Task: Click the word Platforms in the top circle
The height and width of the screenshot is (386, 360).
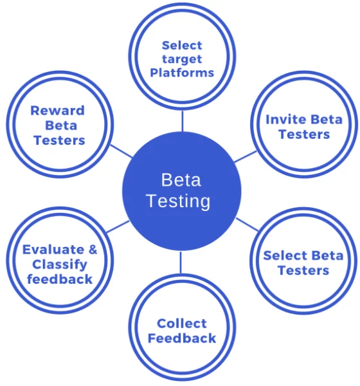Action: pos(182,73)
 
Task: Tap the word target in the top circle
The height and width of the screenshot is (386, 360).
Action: pos(182,60)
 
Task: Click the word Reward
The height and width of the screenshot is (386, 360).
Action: pos(57,110)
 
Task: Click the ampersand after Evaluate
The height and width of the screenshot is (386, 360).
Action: pos(93,250)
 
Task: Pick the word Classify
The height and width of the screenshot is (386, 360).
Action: pos(60,265)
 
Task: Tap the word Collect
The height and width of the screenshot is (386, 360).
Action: pos(181,324)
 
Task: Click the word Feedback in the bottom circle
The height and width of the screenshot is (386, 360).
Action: pos(182,338)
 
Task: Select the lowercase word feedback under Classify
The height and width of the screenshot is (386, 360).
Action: pos(60,279)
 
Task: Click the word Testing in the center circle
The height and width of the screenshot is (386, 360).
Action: pos(179,201)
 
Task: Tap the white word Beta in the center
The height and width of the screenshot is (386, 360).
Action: pos(181,179)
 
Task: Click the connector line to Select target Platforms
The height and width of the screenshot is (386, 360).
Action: pos(183,121)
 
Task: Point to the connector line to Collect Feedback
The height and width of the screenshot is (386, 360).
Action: pos(181,262)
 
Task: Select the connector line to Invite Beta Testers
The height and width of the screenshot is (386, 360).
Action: pos(246,157)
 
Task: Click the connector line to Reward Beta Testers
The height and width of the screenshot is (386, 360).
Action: pos(122,151)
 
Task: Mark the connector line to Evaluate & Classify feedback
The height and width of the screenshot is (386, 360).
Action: pos(118,226)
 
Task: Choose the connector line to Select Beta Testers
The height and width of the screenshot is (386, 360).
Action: pos(248,225)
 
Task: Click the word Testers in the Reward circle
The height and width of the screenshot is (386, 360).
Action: pos(59,140)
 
